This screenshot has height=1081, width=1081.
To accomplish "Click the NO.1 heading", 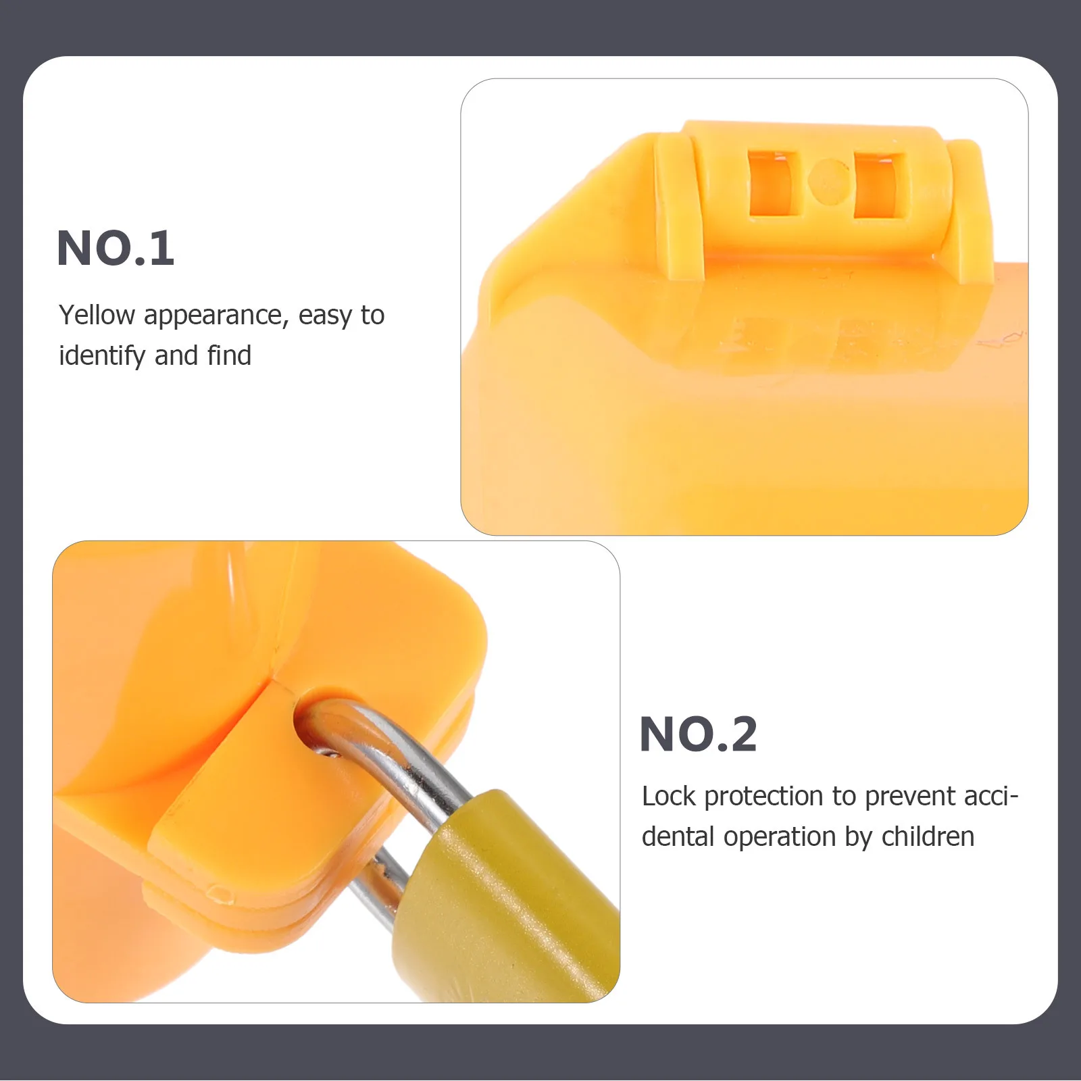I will tap(116, 248).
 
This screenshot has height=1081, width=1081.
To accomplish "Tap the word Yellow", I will tap(97, 316).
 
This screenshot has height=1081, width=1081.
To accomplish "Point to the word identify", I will tap(102, 356).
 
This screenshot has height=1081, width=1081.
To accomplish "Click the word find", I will tap(229, 355).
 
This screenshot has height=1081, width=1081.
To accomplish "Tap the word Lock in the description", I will tap(668, 797).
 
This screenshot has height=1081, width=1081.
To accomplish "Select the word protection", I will tap(764, 798).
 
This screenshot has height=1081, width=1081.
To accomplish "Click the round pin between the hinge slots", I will tap(829, 181).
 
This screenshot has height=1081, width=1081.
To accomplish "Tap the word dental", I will tap(678, 837).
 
